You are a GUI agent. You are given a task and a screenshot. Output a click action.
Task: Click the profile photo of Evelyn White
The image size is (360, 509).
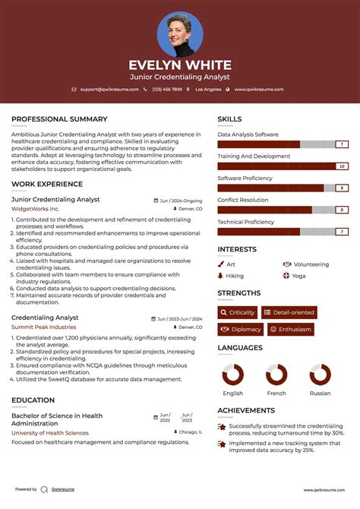tap(180, 34)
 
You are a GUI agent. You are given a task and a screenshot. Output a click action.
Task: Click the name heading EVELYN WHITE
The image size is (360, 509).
tap(179, 65)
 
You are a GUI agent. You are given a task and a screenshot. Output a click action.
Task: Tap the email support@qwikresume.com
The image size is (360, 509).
tap(109, 89)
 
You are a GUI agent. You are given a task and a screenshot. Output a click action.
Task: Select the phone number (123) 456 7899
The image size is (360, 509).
tap(166, 89)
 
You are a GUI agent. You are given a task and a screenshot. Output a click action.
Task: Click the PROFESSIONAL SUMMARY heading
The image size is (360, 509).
tap(59, 119)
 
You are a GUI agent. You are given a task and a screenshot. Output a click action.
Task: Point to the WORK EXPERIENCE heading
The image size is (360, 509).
tap(47, 185)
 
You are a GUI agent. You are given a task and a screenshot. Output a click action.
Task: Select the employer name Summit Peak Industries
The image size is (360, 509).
tap(43, 327)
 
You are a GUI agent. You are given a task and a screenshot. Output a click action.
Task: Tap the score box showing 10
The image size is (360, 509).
tap(342, 166)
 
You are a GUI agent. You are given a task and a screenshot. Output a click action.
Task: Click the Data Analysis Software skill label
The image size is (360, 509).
tap(248, 134)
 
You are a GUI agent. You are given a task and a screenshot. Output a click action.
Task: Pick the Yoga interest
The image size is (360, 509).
tap(298, 276)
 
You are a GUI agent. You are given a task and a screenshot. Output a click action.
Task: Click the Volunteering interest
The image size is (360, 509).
tap(311, 264)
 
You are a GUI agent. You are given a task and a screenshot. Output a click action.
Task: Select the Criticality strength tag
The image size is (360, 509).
tap(237, 312)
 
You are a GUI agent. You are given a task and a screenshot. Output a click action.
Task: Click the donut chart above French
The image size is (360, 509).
tap(276, 375)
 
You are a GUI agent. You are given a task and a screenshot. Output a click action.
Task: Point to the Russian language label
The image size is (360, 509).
tap(320, 394)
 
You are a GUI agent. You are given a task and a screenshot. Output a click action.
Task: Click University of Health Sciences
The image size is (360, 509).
tap(49, 432)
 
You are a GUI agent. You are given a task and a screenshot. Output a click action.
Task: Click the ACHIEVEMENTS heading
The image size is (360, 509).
tap(246, 410)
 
